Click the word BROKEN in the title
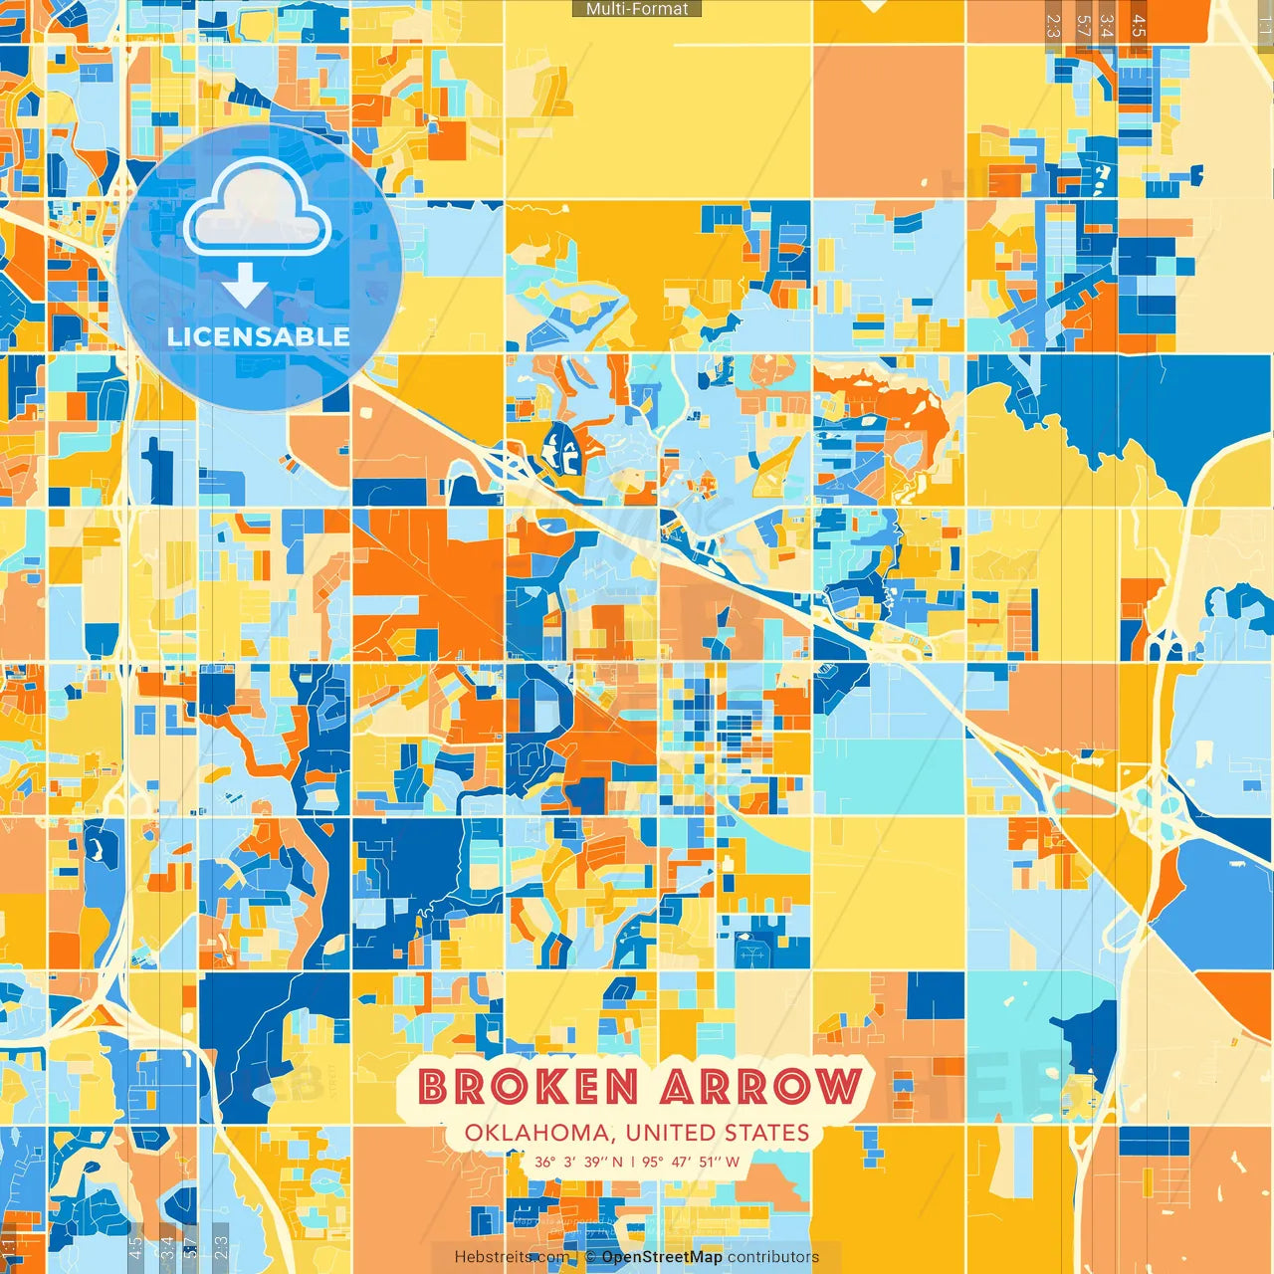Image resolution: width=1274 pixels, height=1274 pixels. [x=528, y=1086]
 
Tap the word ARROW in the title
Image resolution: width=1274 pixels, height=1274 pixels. [x=761, y=1086]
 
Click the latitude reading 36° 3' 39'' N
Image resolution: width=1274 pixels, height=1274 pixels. [x=578, y=1162]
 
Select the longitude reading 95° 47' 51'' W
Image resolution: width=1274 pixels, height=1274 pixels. [x=691, y=1162]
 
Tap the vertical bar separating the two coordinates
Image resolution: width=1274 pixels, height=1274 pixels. [x=632, y=1162]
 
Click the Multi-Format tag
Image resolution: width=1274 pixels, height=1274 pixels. [x=637, y=9]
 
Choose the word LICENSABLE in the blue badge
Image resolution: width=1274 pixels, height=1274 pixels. [x=259, y=336]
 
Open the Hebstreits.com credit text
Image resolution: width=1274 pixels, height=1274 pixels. [x=512, y=1257]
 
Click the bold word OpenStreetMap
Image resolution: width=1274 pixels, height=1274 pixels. [x=662, y=1257]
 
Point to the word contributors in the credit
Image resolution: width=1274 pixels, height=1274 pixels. [x=773, y=1257]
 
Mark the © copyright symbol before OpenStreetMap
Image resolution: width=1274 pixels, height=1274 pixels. [x=590, y=1257]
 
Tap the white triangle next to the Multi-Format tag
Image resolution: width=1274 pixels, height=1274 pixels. [x=873, y=5]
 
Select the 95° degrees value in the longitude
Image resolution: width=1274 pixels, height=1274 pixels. [x=653, y=1162]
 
